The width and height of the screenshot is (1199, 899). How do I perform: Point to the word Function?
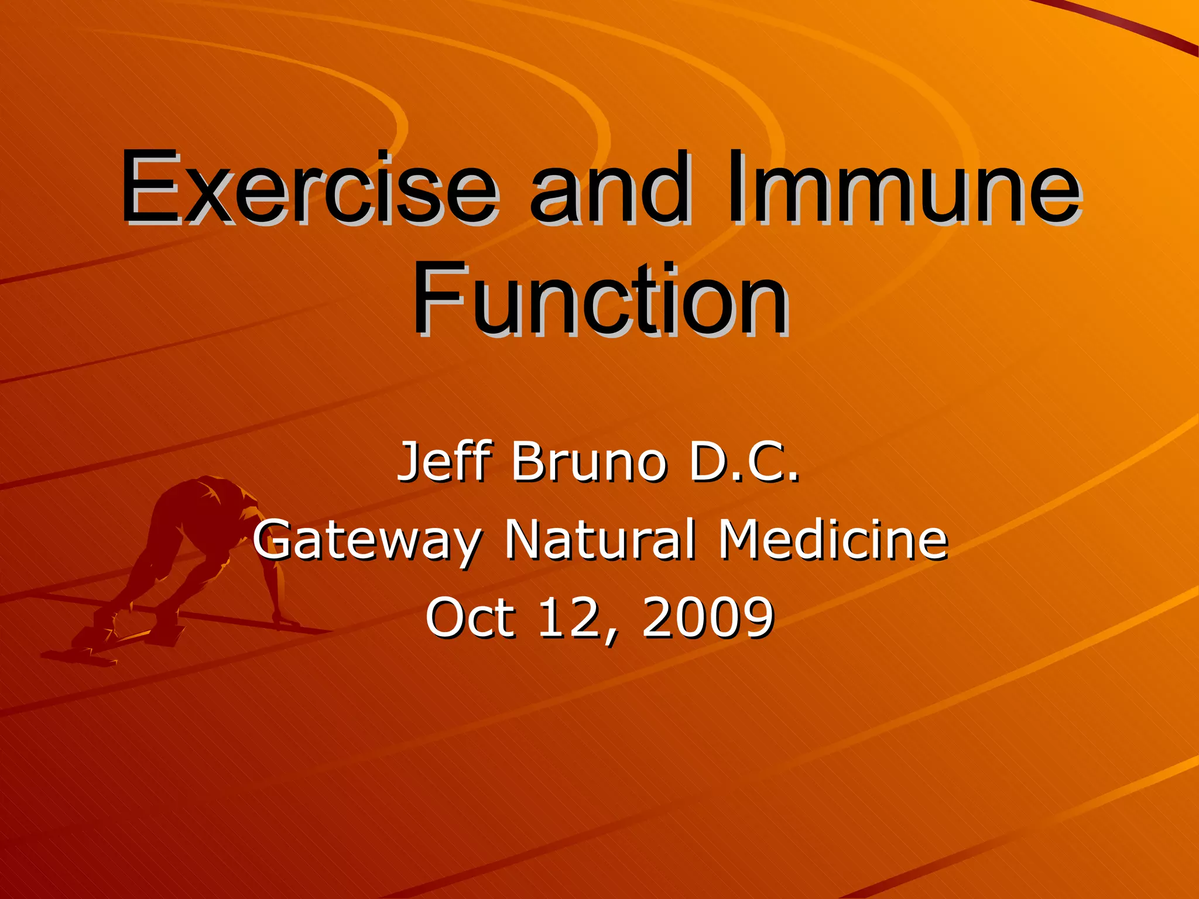pos(599,300)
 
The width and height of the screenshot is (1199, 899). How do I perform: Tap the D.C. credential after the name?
pos(744,462)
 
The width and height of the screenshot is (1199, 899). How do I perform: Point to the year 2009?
pos(708,617)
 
